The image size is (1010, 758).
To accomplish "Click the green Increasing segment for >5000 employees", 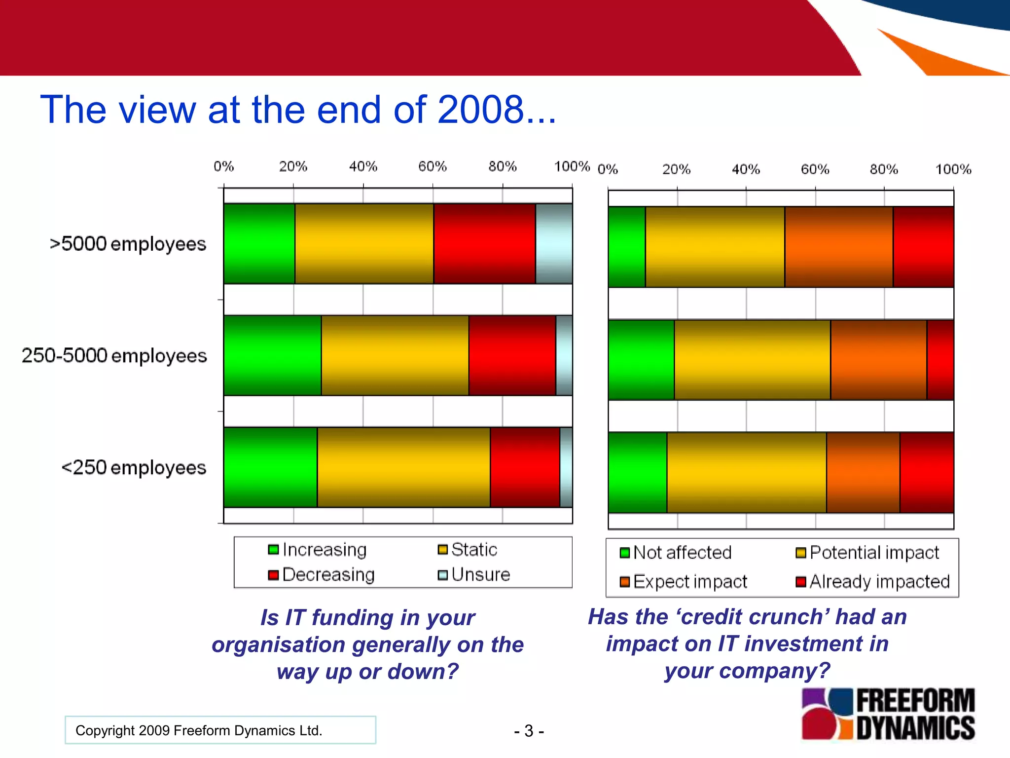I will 259,243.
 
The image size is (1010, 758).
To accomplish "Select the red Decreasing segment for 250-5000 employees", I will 512,355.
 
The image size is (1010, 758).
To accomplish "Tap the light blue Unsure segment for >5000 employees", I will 554,243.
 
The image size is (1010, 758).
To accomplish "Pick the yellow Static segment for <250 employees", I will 403,467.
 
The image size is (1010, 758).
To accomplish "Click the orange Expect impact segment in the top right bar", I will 838,247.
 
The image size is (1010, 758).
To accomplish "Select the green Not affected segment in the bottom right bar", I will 637,472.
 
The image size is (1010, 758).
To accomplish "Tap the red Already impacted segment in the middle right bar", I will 940,360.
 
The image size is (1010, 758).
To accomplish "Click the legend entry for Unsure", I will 474,574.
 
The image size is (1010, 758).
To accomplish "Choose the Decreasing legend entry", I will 322,574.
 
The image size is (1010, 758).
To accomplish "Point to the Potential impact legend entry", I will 867,552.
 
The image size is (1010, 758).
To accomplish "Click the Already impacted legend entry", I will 873,581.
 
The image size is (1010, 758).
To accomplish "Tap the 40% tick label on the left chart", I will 363,166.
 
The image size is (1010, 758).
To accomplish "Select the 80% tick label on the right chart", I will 883,169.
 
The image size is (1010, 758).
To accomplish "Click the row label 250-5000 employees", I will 114,355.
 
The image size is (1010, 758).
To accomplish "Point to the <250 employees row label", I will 133,467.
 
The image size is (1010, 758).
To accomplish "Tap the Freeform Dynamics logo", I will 888,714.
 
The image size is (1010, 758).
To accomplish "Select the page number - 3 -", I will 529,730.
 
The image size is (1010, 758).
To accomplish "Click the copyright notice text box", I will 220,730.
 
